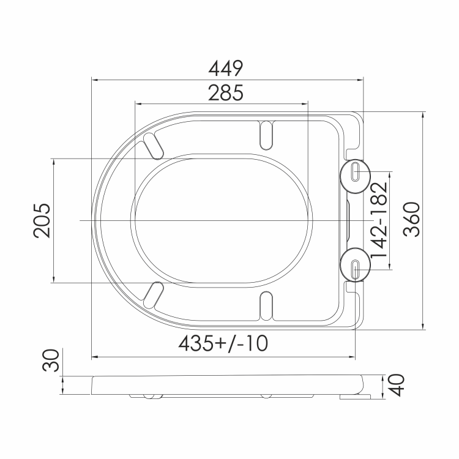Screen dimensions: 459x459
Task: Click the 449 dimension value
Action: [226, 69]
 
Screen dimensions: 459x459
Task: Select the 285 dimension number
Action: [226, 93]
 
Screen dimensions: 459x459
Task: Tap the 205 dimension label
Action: [42, 221]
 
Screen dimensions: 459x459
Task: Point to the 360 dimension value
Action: [412, 219]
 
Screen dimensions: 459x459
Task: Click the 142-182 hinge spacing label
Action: [379, 220]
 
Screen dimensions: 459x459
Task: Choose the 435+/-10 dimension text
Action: [223, 343]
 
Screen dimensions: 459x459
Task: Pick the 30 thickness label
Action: [51, 360]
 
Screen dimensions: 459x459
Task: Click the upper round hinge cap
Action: [355, 176]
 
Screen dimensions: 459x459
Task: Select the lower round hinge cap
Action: [355, 265]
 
